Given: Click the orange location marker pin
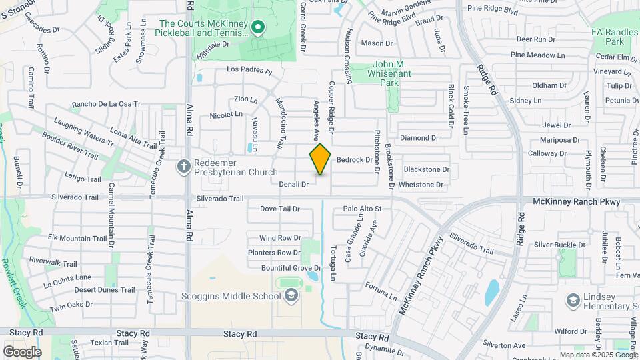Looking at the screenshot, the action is pos(320,159).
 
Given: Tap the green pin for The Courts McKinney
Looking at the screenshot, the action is pos(258,27).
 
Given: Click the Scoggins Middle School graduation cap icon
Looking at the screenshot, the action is pos(291,296).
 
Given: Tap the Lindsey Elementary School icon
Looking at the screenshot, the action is pos(573,300).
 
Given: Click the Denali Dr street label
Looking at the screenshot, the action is pos(293,184).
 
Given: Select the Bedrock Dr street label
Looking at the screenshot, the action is pos(354,160).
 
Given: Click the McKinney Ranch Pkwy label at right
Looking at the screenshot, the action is pos(577,201).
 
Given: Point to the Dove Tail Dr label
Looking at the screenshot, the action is pos(279,209).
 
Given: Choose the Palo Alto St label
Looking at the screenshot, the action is pos(361,209).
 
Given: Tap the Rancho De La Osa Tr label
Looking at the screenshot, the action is pos(106,104).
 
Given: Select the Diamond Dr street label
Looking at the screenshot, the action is pos(419,138).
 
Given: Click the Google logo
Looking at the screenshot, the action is pos(22,351).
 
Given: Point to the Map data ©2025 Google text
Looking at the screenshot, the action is pos(598,355).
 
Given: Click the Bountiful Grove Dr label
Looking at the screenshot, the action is pos(279,268).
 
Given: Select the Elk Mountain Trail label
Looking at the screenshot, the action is pos(78,238).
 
